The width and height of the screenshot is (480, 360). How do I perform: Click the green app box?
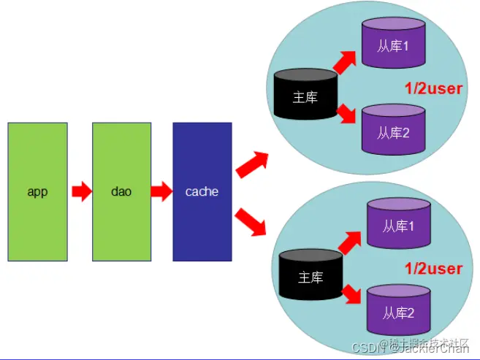point(37,191)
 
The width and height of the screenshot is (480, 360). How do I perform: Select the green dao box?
point(121,191)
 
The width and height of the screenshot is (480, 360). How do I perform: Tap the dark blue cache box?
point(202,191)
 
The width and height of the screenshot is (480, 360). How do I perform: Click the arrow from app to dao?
point(80,192)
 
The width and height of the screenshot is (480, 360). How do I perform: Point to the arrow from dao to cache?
point(161,192)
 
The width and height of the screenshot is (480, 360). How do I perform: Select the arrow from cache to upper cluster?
point(252,165)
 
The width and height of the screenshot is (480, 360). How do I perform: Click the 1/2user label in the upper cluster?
point(434,89)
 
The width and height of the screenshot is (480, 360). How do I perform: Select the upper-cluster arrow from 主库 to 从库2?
point(347,112)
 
